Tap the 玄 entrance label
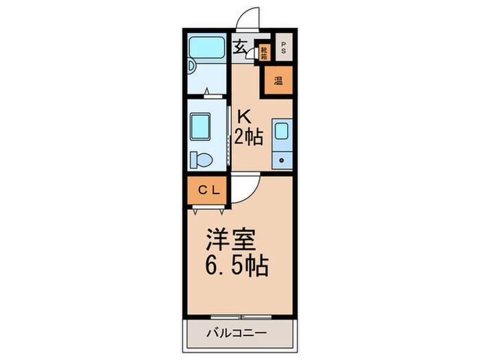(241, 48)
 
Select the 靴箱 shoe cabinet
(263, 53)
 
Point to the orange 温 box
(278, 81)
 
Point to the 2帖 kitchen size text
(248, 137)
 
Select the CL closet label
(209, 191)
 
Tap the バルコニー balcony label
(236, 335)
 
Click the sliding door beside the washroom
(228, 134)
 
